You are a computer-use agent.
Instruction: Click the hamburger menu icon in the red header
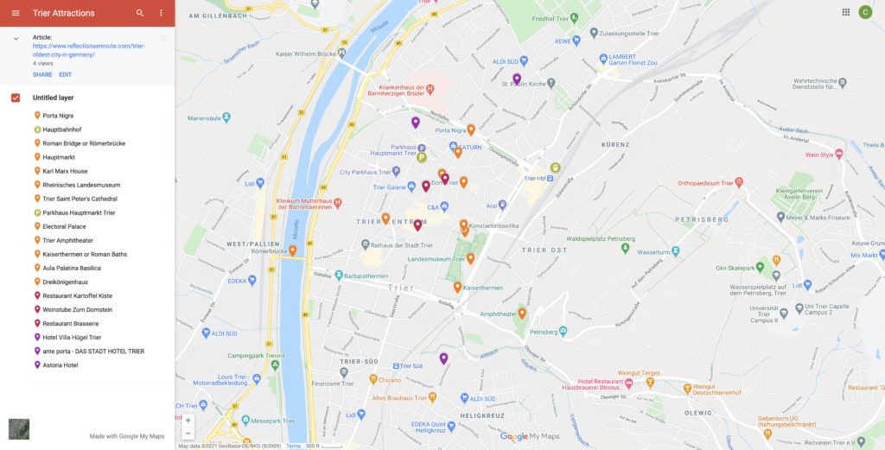tap(16, 13)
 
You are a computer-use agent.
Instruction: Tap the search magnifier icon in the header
tap(140, 13)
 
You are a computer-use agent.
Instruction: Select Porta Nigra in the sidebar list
tap(58, 116)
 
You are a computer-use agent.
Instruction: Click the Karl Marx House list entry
tap(65, 171)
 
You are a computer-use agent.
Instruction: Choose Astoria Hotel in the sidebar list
tap(60, 365)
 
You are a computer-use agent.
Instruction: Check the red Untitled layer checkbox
tap(16, 98)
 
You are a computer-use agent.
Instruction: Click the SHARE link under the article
tap(42, 75)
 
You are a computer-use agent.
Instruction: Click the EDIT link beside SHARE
tap(66, 75)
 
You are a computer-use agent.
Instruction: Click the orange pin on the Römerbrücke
tap(293, 250)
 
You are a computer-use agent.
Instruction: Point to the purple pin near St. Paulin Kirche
tap(517, 79)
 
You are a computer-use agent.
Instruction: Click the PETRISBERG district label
tap(701, 219)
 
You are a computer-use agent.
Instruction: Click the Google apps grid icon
tap(845, 12)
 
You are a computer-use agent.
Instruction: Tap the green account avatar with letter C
tap(865, 12)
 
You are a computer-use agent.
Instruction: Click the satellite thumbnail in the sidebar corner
tap(19, 428)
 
